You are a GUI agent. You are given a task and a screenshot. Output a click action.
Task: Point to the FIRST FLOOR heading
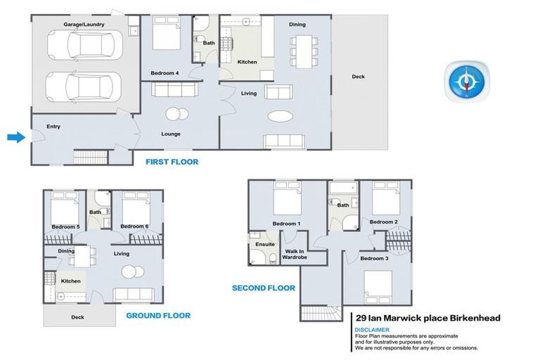172,162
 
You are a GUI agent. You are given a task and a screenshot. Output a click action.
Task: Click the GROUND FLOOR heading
157,316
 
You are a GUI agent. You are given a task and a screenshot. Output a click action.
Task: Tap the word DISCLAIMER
373,329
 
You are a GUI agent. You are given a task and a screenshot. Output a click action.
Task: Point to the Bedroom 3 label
374,259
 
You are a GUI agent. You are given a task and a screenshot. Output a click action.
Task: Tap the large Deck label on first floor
358,77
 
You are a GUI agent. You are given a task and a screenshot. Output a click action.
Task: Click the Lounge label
171,134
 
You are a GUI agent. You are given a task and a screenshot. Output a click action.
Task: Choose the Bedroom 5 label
65,226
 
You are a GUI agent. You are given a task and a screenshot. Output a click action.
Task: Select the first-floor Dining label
297,25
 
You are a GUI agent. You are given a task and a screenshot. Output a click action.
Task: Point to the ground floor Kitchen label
71,281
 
